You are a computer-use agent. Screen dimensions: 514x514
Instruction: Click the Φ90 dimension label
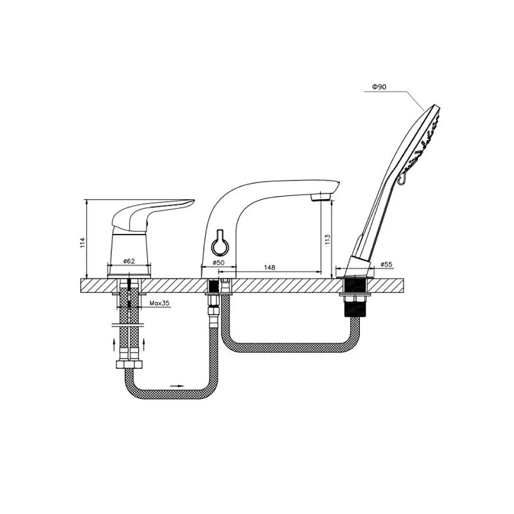(379, 87)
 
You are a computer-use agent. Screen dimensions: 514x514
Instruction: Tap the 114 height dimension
(83, 243)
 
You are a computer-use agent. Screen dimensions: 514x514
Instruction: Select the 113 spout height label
(328, 240)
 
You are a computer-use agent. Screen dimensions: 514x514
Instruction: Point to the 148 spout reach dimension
(269, 267)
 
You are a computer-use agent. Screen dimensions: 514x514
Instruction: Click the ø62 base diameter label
(129, 261)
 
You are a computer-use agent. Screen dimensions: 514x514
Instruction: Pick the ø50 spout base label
(218, 263)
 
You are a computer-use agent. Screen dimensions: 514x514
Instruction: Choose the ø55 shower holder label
(387, 264)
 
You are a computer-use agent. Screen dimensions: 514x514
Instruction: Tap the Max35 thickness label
(159, 303)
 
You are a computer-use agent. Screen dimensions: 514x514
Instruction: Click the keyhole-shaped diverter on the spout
(218, 243)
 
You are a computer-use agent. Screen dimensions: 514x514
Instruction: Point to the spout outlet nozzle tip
(321, 197)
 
